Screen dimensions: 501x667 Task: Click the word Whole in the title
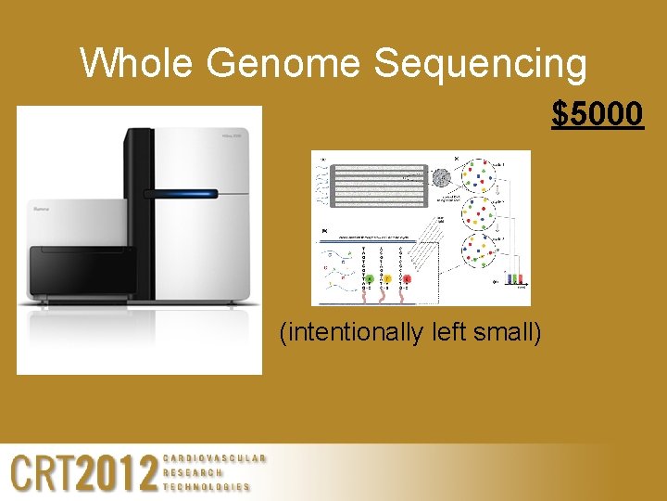pos(137,64)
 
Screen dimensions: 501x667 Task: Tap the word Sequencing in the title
pos(480,64)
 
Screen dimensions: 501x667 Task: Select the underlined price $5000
pos(598,114)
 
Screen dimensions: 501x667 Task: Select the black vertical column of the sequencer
pos(138,213)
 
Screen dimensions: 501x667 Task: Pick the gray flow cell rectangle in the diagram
pos(374,186)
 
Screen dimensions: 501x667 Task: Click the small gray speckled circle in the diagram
pos(442,177)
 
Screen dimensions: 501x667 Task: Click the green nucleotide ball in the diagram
pos(371,277)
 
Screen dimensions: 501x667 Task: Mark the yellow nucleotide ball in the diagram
pos(388,277)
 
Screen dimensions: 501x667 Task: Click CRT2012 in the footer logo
pos(84,472)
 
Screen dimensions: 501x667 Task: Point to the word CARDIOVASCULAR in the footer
pos(214,458)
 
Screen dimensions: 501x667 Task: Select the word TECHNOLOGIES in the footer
pos(207,486)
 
